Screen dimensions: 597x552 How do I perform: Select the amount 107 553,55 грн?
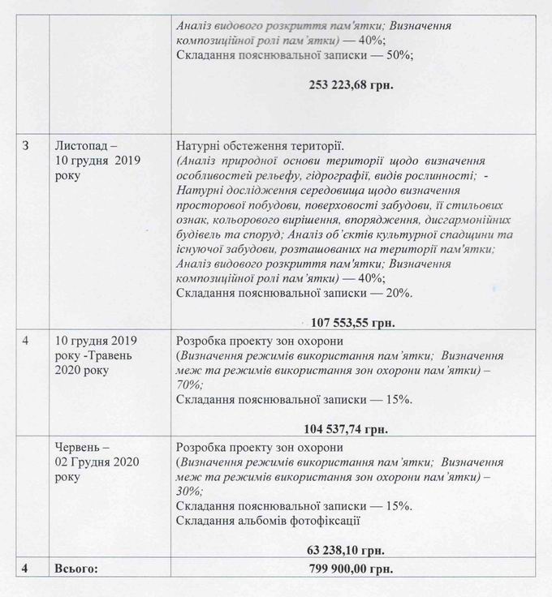(x=352, y=322)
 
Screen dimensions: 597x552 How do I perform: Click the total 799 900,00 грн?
(x=351, y=569)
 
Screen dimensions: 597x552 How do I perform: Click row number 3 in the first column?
(x=26, y=146)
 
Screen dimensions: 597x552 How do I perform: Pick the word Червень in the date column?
(x=79, y=447)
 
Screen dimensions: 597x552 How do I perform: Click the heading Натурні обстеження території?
(x=260, y=146)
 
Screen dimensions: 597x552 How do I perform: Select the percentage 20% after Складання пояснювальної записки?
(x=400, y=292)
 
